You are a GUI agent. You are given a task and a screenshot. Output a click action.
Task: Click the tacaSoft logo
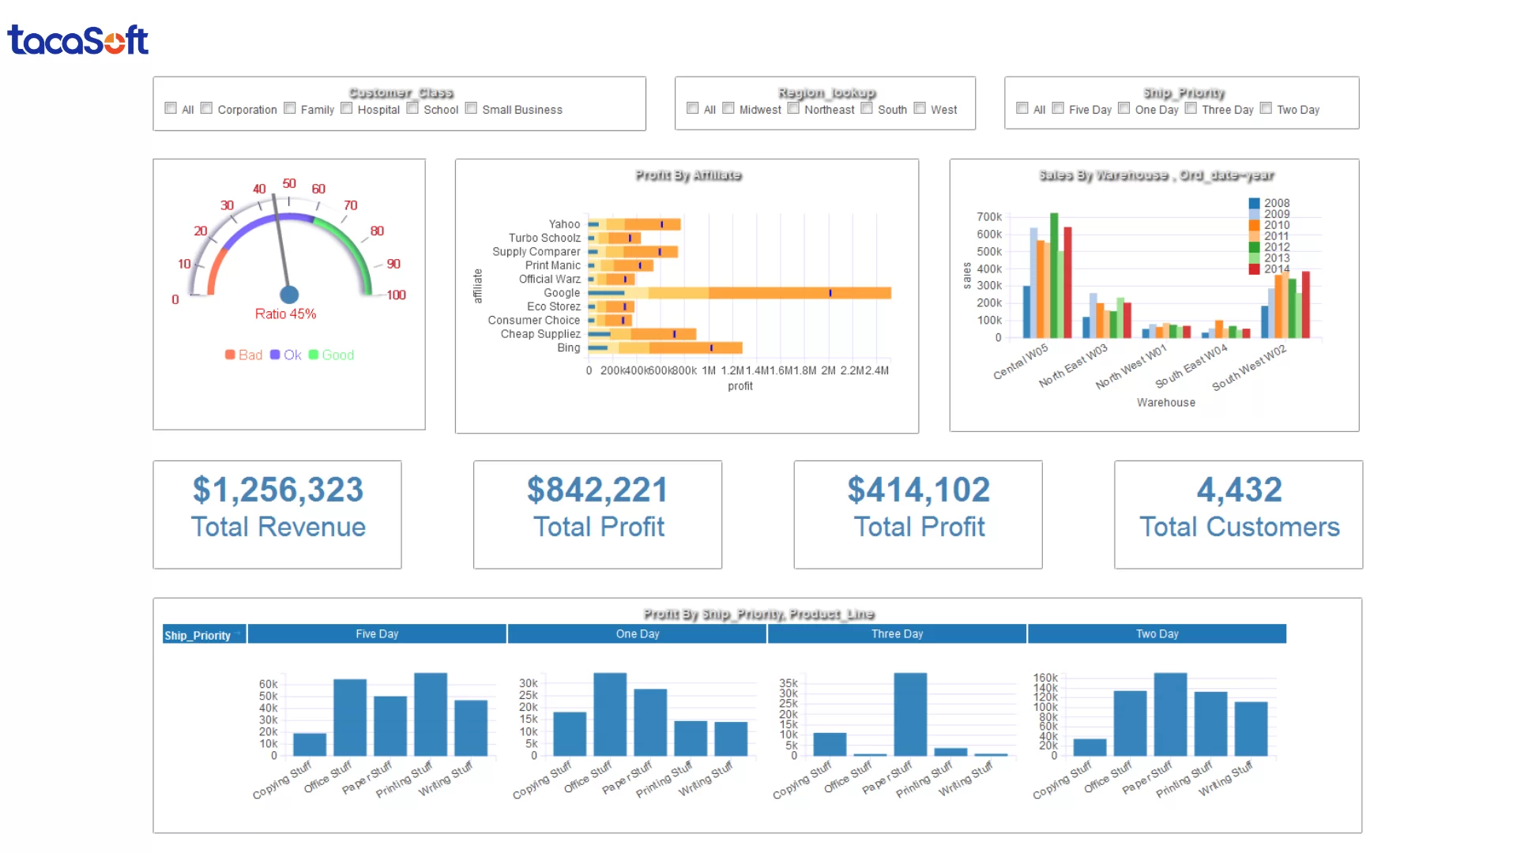77,39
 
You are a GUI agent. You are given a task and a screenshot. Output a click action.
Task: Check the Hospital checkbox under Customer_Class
347,108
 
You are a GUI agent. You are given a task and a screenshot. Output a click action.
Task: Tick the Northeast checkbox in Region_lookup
793,108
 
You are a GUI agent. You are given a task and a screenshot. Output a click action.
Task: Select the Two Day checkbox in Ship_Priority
1266,108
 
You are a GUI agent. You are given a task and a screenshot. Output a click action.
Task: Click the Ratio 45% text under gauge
285,314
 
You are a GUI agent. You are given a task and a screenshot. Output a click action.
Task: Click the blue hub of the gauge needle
289,295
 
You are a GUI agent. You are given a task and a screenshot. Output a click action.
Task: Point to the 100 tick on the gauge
396,295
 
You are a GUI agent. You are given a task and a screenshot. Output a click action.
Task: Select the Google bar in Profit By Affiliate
739,293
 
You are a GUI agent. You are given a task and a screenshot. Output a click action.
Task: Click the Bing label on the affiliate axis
568,348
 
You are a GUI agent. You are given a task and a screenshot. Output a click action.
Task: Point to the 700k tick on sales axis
988,217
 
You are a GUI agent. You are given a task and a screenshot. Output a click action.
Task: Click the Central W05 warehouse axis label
1020,361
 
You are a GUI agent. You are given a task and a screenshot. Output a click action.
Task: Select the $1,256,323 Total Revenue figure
278,490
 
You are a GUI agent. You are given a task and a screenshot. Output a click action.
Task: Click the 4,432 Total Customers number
1239,490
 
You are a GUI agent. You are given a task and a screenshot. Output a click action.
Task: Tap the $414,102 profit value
918,490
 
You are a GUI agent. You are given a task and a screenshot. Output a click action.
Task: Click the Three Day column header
897,633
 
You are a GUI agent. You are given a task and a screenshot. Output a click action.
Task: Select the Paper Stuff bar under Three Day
910,714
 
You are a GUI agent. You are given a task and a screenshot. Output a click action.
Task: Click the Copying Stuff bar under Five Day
310,744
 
